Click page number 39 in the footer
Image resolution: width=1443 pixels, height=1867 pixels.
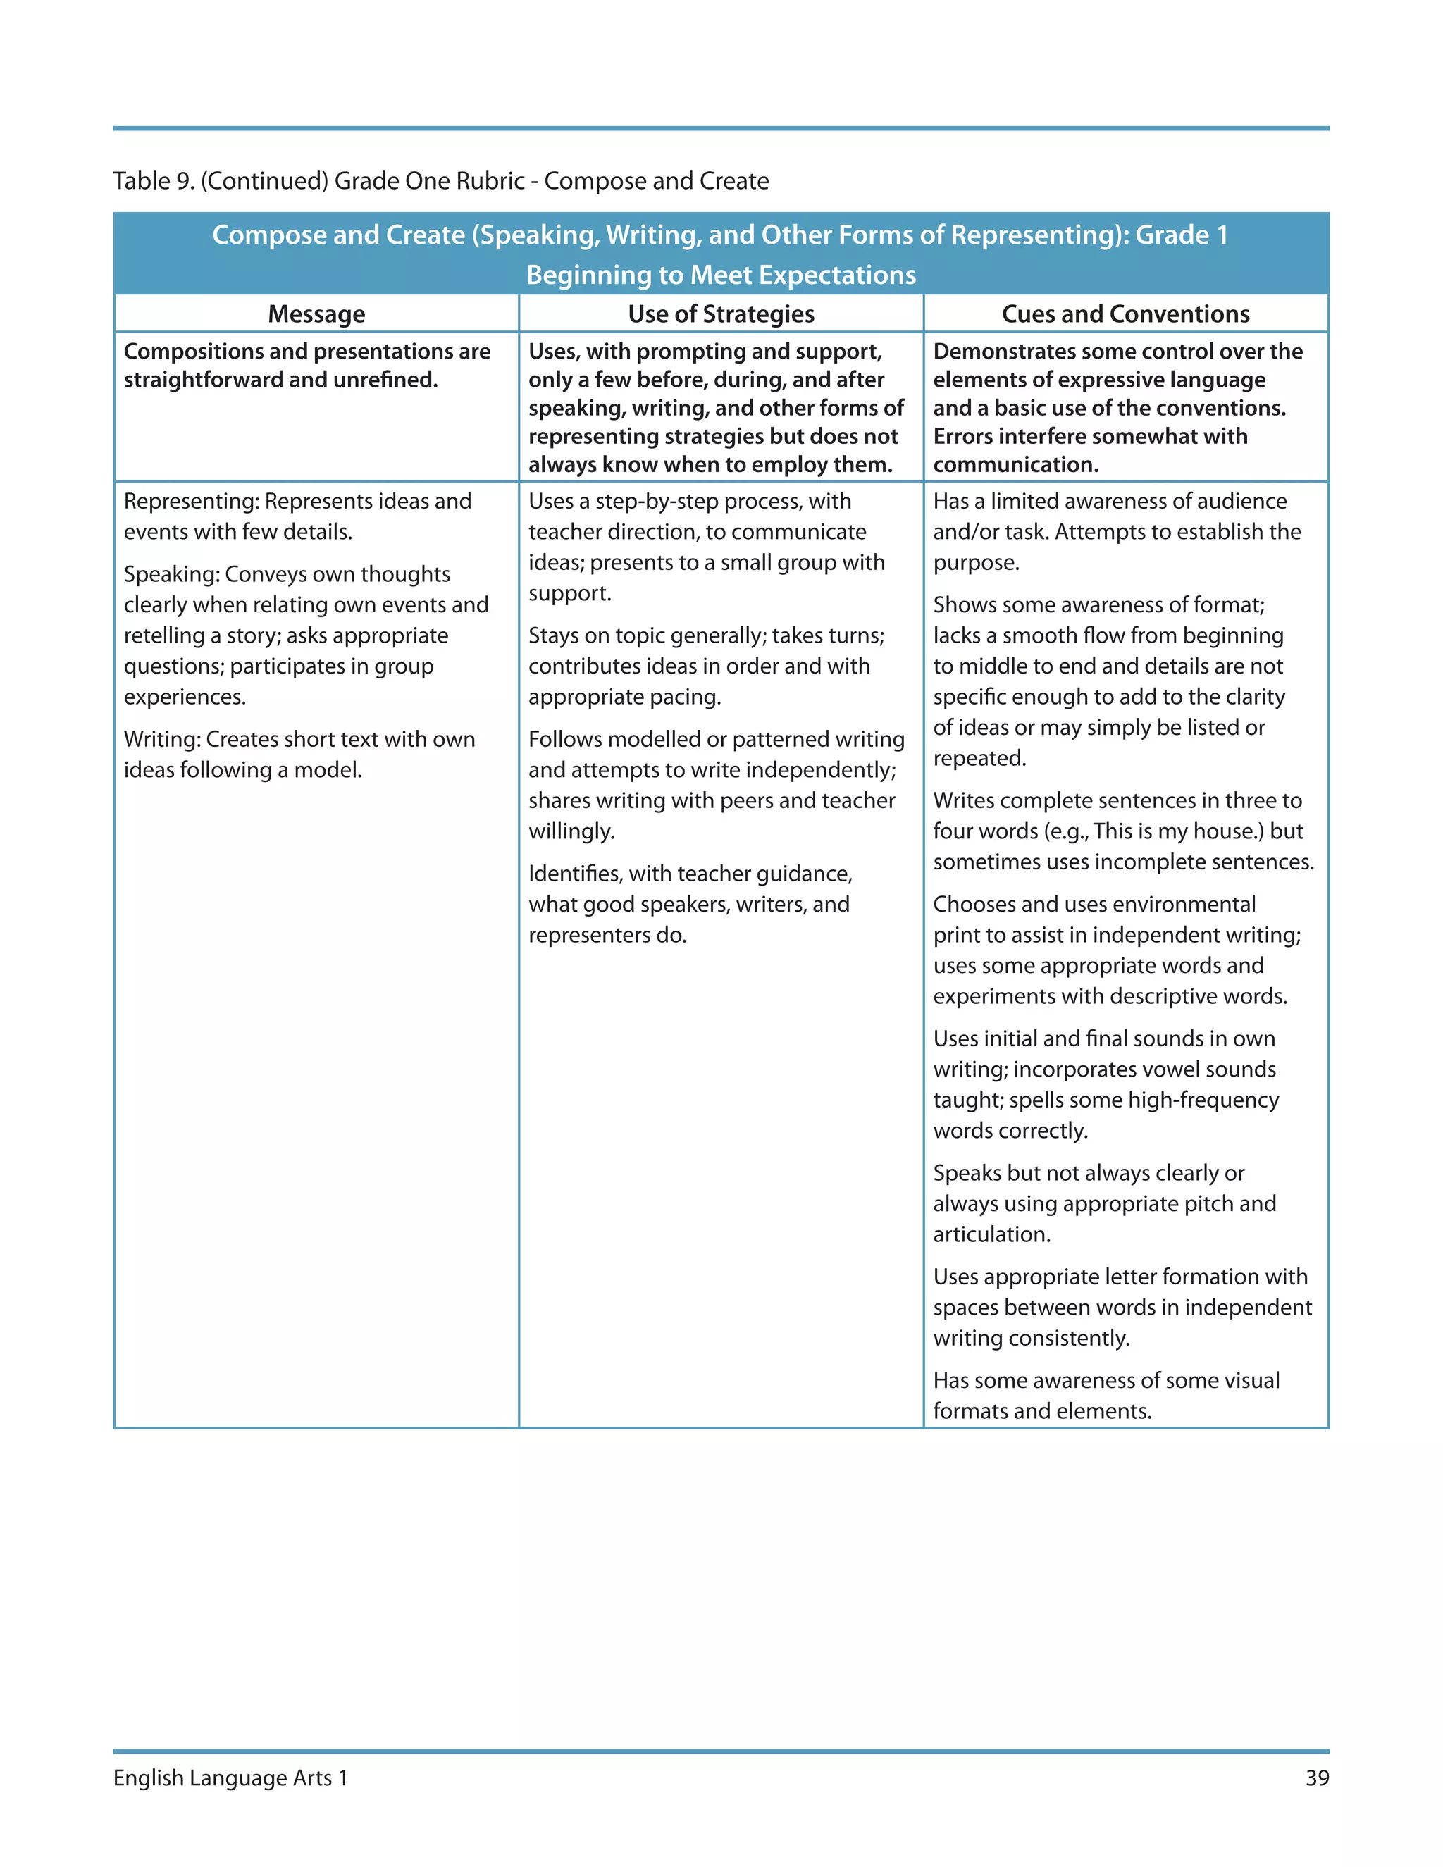[x=1316, y=1778]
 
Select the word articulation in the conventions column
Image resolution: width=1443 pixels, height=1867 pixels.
[x=991, y=1234]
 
